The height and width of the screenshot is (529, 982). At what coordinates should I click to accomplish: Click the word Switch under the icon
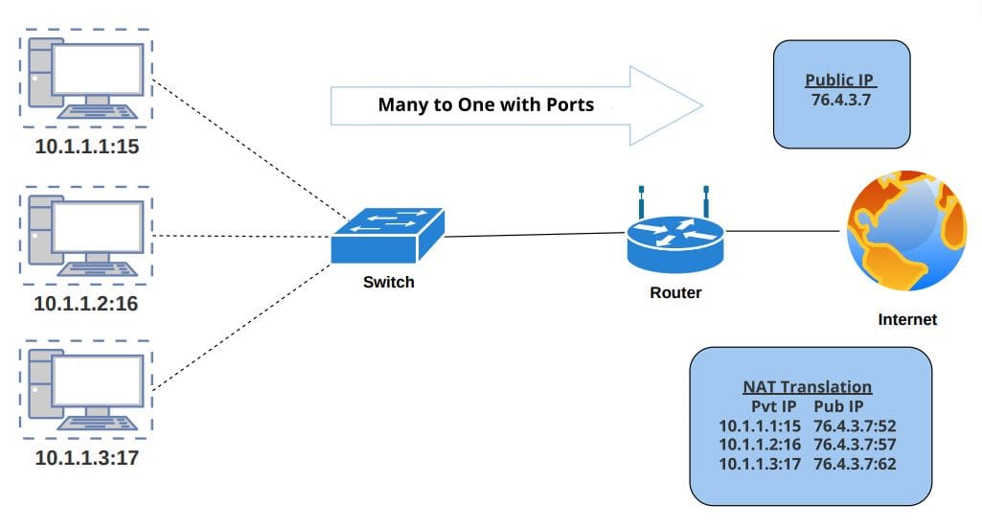(389, 282)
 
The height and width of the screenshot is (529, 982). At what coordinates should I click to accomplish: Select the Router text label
(675, 292)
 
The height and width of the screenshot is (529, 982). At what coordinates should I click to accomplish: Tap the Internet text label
(907, 319)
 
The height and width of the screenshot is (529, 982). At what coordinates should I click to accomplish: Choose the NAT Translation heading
(808, 387)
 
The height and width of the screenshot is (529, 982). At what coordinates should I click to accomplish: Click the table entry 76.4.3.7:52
(855, 425)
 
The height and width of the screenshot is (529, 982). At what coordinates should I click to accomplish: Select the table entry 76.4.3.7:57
(855, 445)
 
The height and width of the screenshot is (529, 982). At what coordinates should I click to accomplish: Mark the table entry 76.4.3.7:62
(855, 464)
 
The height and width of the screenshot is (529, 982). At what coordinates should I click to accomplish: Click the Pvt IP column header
(773, 406)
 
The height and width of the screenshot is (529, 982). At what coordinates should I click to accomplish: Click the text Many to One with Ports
(486, 104)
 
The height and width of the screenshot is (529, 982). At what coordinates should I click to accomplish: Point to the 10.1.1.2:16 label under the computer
(86, 304)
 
